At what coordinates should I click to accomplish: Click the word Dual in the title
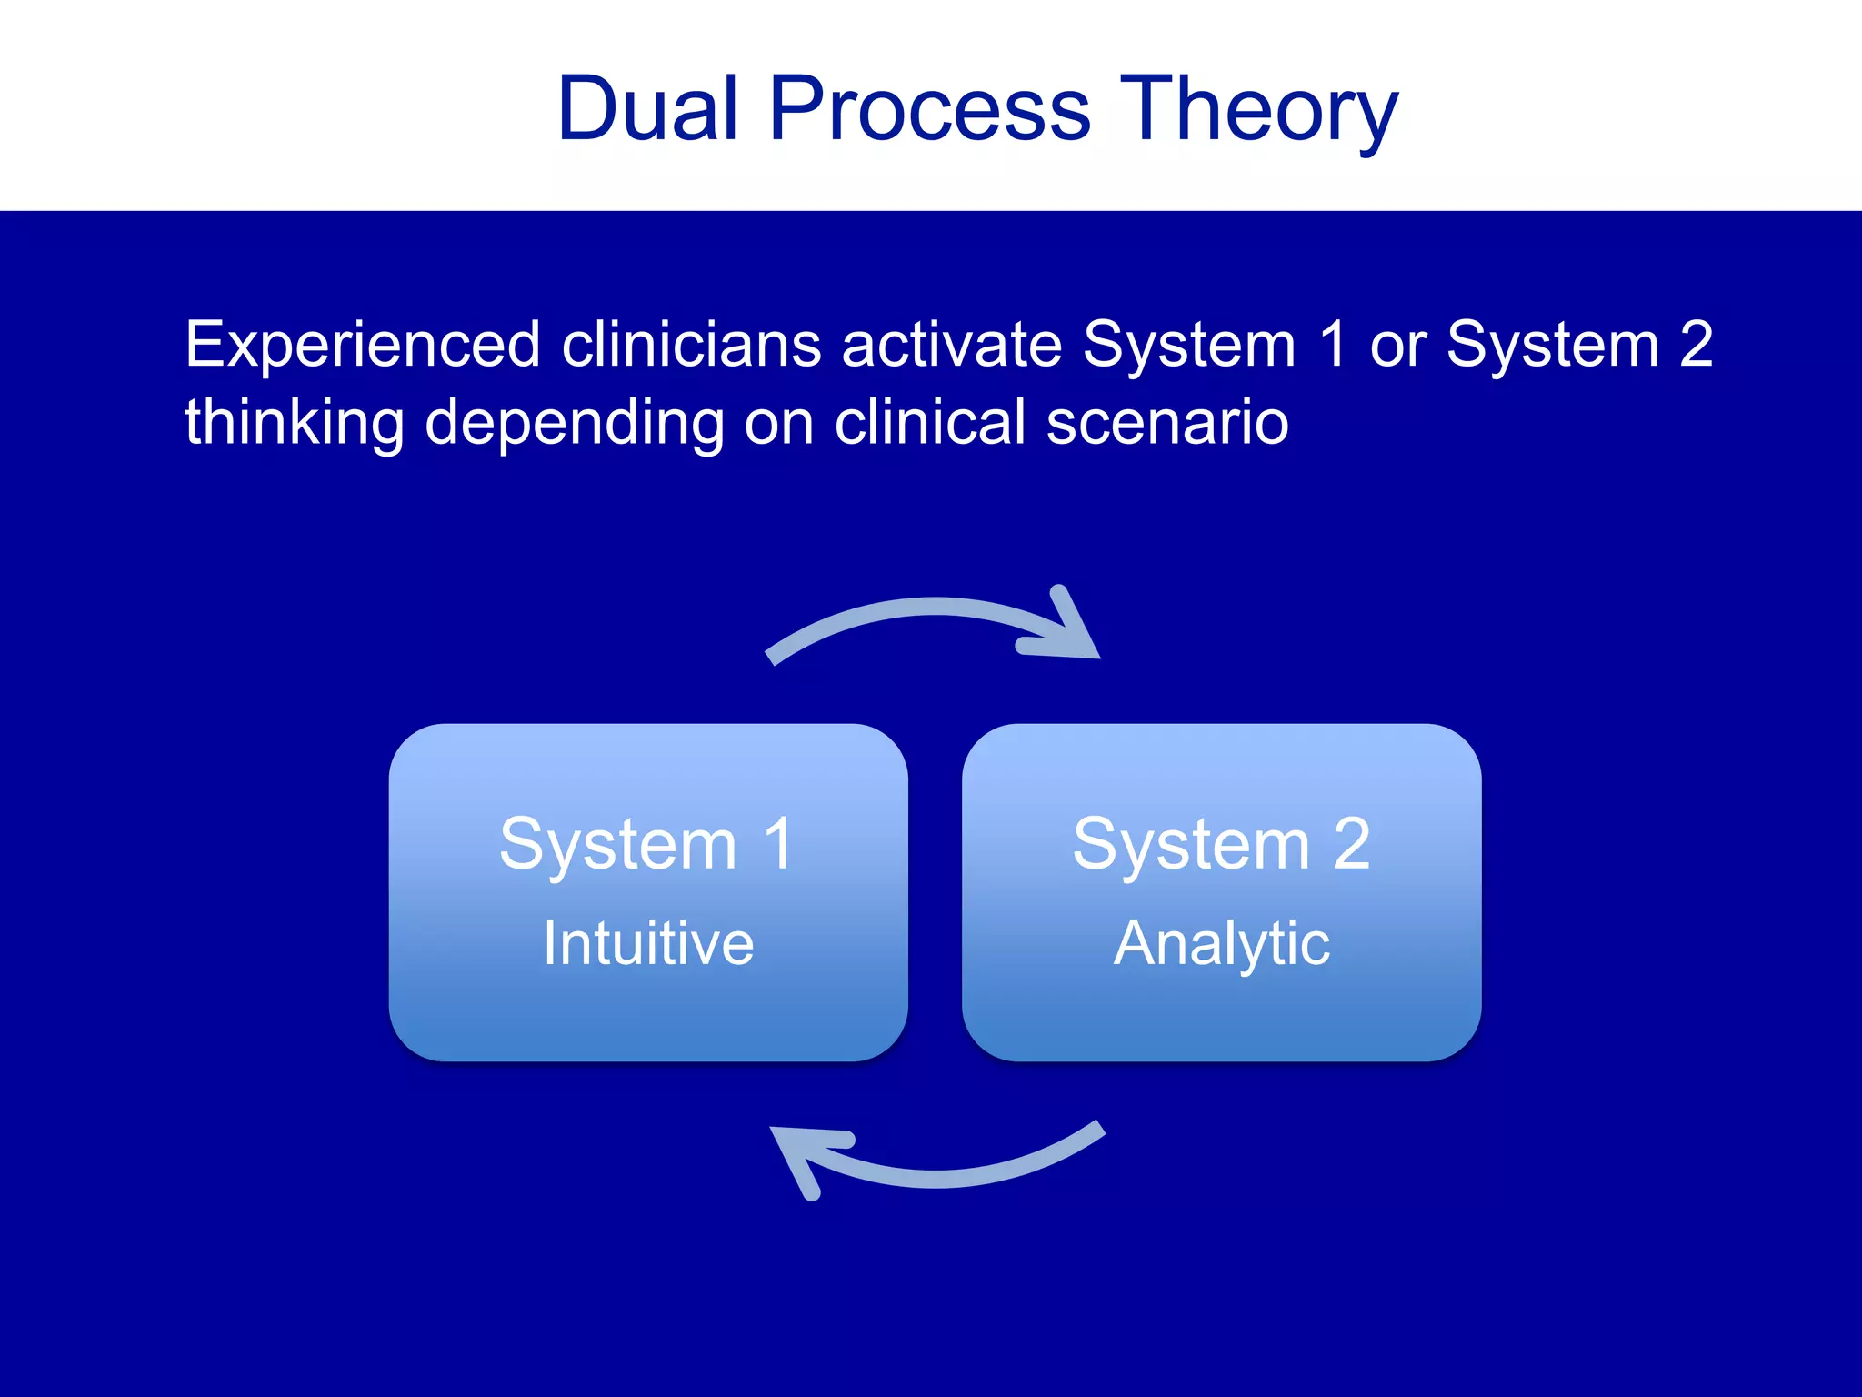646,109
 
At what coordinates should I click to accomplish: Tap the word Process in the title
929,109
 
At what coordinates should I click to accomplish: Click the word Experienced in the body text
363,346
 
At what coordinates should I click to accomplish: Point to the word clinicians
691,346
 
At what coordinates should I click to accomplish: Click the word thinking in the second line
294,424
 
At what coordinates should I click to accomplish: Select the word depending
574,424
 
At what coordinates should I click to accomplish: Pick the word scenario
1167,424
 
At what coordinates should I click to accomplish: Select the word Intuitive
648,943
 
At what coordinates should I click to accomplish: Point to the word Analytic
1221,944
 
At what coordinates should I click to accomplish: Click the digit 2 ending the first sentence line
1696,346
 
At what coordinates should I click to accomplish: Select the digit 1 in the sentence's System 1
1333,346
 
